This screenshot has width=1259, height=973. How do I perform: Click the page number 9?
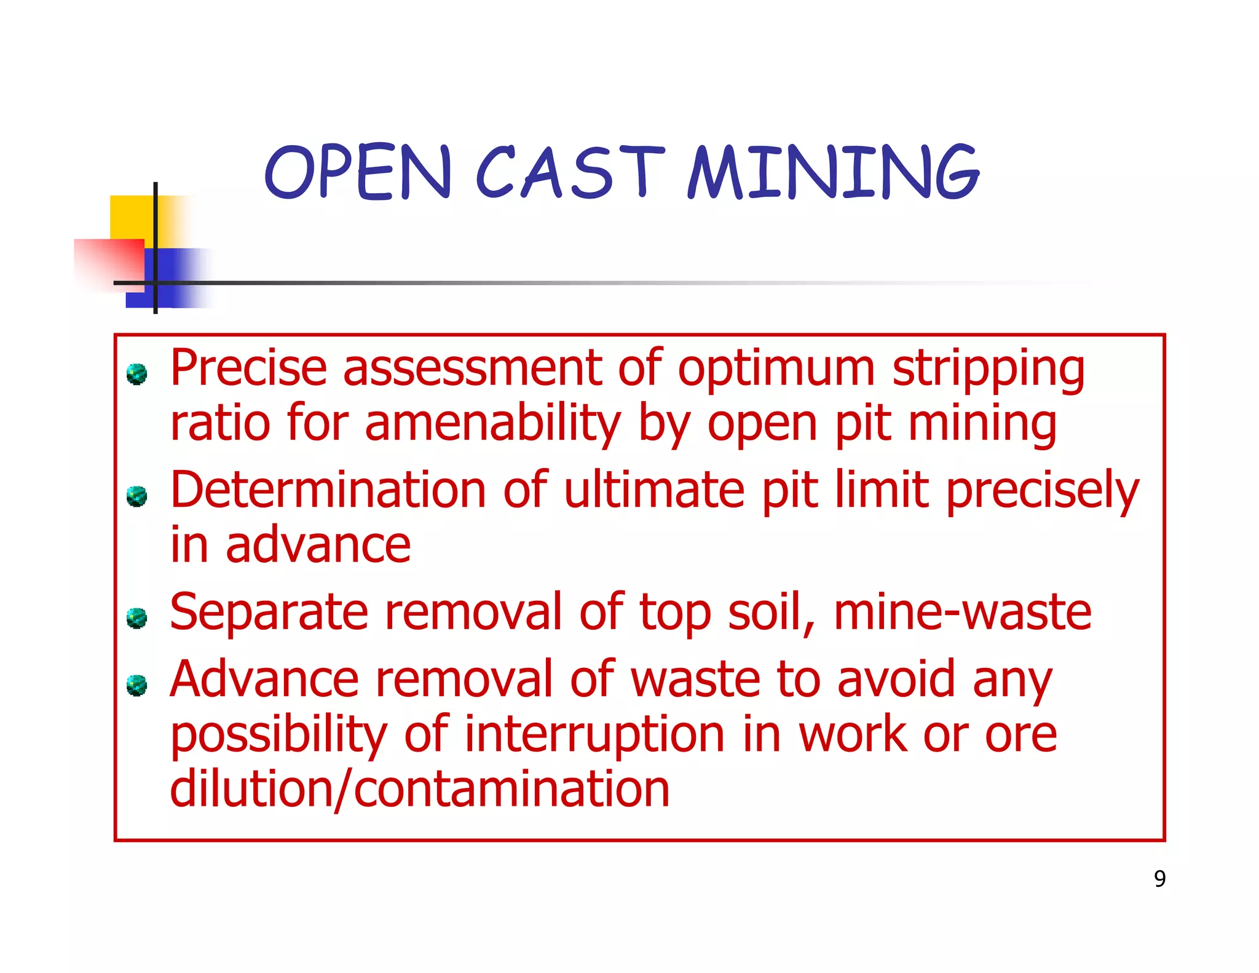tap(1159, 879)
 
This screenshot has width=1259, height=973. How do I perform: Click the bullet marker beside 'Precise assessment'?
tap(136, 374)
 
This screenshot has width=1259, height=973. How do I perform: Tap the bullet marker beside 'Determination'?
tap(136, 496)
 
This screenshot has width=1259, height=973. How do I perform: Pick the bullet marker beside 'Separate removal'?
tap(136, 618)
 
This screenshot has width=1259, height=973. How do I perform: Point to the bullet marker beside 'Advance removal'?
tap(136, 685)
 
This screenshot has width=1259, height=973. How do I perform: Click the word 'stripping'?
tap(989, 371)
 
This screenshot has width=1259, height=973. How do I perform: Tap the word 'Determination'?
tap(328, 490)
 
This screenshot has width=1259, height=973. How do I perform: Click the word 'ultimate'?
tap(654, 490)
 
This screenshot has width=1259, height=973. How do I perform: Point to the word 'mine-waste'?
tap(962, 613)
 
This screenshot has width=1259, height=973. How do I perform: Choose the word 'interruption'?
tap(594, 736)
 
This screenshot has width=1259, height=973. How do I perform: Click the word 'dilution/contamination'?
tap(419, 790)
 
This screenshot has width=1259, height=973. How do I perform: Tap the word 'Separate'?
tap(269, 613)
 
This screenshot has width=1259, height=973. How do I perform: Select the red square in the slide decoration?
tap(108, 261)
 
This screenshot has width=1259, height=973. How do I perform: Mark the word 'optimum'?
tap(776, 371)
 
